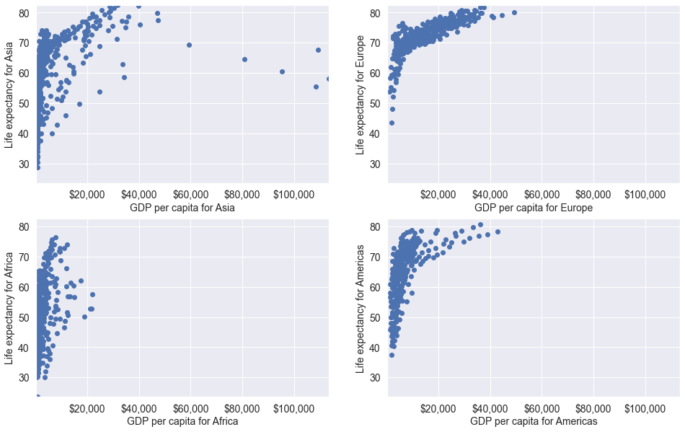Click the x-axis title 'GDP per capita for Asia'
point(182,208)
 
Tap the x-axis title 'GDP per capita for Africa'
point(182,421)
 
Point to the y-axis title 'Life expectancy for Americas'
point(359,309)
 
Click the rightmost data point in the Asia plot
point(328,79)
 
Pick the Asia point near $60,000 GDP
point(189,45)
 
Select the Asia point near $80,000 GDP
point(244,59)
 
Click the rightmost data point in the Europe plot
point(514,12)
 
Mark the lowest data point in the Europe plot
point(392,123)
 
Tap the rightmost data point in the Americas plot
point(498,232)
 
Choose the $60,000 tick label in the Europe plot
point(542,195)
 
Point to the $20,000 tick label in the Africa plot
point(88,407)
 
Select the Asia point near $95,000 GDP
point(282,71)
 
